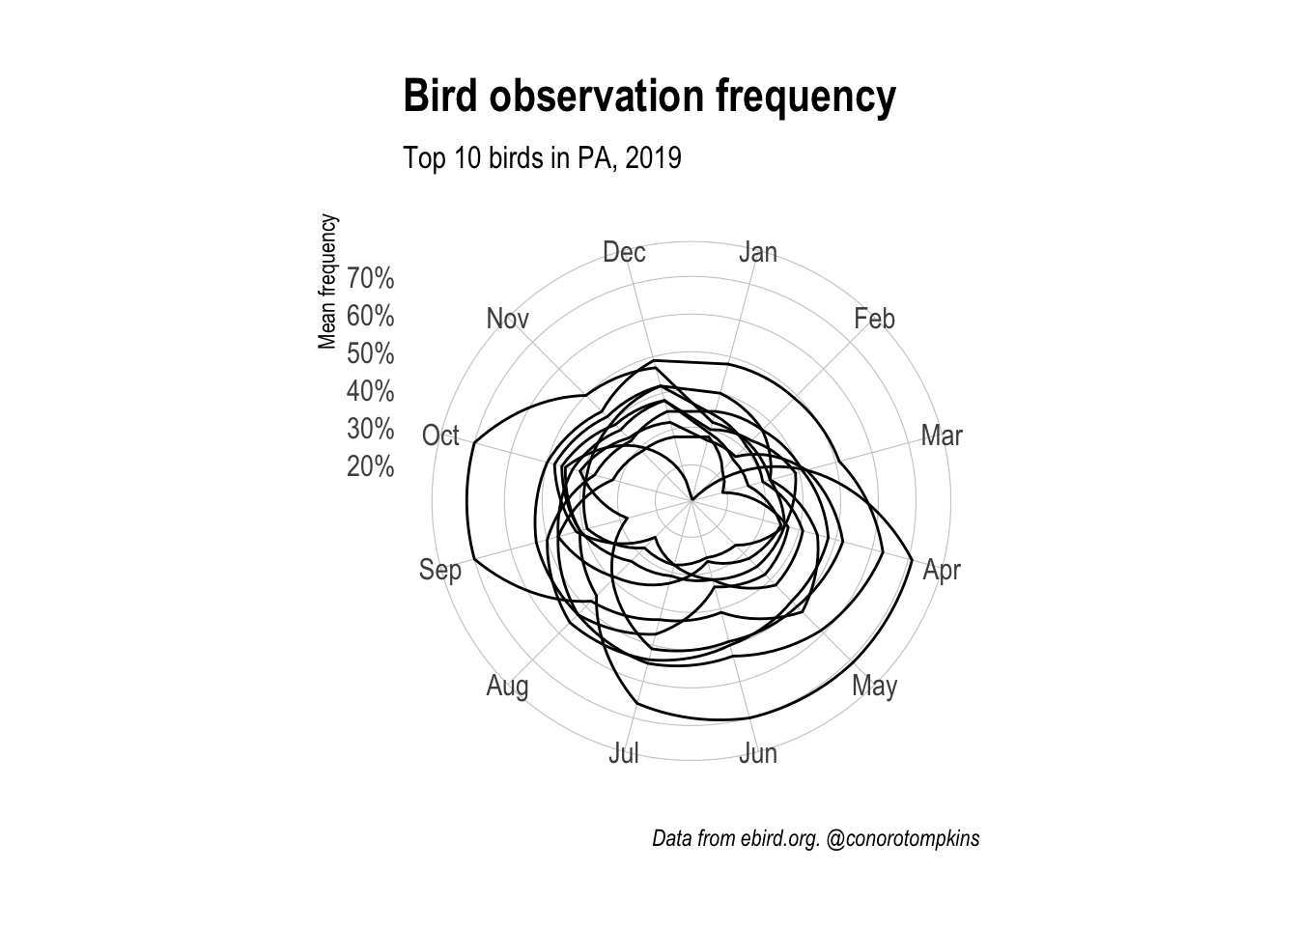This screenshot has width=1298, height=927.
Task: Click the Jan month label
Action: point(758,252)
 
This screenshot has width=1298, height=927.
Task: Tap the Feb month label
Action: point(874,319)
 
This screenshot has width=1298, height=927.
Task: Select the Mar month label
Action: point(942,435)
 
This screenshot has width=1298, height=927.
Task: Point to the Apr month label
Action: point(942,570)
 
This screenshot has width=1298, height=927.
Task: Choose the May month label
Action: point(875,687)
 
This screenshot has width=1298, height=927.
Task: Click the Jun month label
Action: point(758,753)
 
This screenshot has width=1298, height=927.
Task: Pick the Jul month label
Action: point(624,753)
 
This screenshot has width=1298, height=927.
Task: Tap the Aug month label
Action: point(508,687)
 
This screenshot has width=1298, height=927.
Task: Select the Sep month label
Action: point(440,570)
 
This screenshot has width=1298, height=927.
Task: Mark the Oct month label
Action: point(440,435)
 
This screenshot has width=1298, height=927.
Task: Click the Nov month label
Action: point(508,319)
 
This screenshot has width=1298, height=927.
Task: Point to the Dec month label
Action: point(624,252)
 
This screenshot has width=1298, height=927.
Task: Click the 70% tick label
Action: point(371,279)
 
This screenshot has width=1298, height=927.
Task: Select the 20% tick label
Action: point(371,467)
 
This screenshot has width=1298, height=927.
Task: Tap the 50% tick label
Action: point(371,354)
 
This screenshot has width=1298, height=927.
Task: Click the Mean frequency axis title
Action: point(328,281)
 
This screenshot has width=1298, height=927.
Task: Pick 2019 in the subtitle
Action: point(653,157)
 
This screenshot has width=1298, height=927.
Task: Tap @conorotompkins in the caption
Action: point(904,838)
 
